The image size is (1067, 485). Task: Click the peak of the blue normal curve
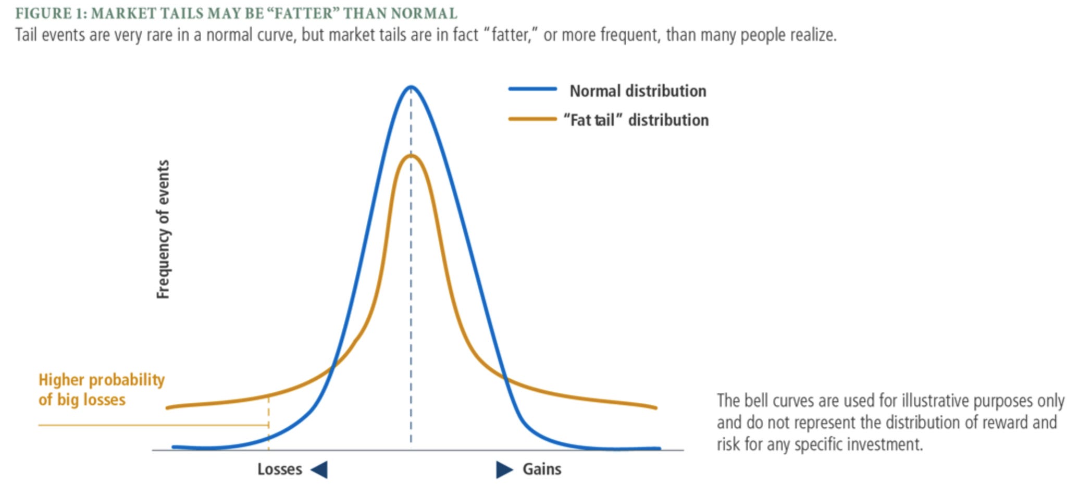point(411,87)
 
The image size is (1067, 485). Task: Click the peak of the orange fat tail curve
point(411,156)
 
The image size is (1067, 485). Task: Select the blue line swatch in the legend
point(532,90)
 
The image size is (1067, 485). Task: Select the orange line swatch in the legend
point(532,119)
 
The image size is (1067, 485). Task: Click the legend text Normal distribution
point(638,91)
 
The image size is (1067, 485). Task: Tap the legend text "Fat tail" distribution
point(636,120)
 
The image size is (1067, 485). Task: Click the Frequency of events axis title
point(163,229)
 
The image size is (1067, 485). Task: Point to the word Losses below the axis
point(279,469)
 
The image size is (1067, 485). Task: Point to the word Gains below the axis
point(542,469)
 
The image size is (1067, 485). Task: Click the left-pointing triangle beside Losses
point(320,469)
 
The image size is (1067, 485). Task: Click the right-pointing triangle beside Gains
point(503,469)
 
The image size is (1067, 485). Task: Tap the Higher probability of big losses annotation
point(101,390)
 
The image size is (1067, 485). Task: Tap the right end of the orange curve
point(655,407)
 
